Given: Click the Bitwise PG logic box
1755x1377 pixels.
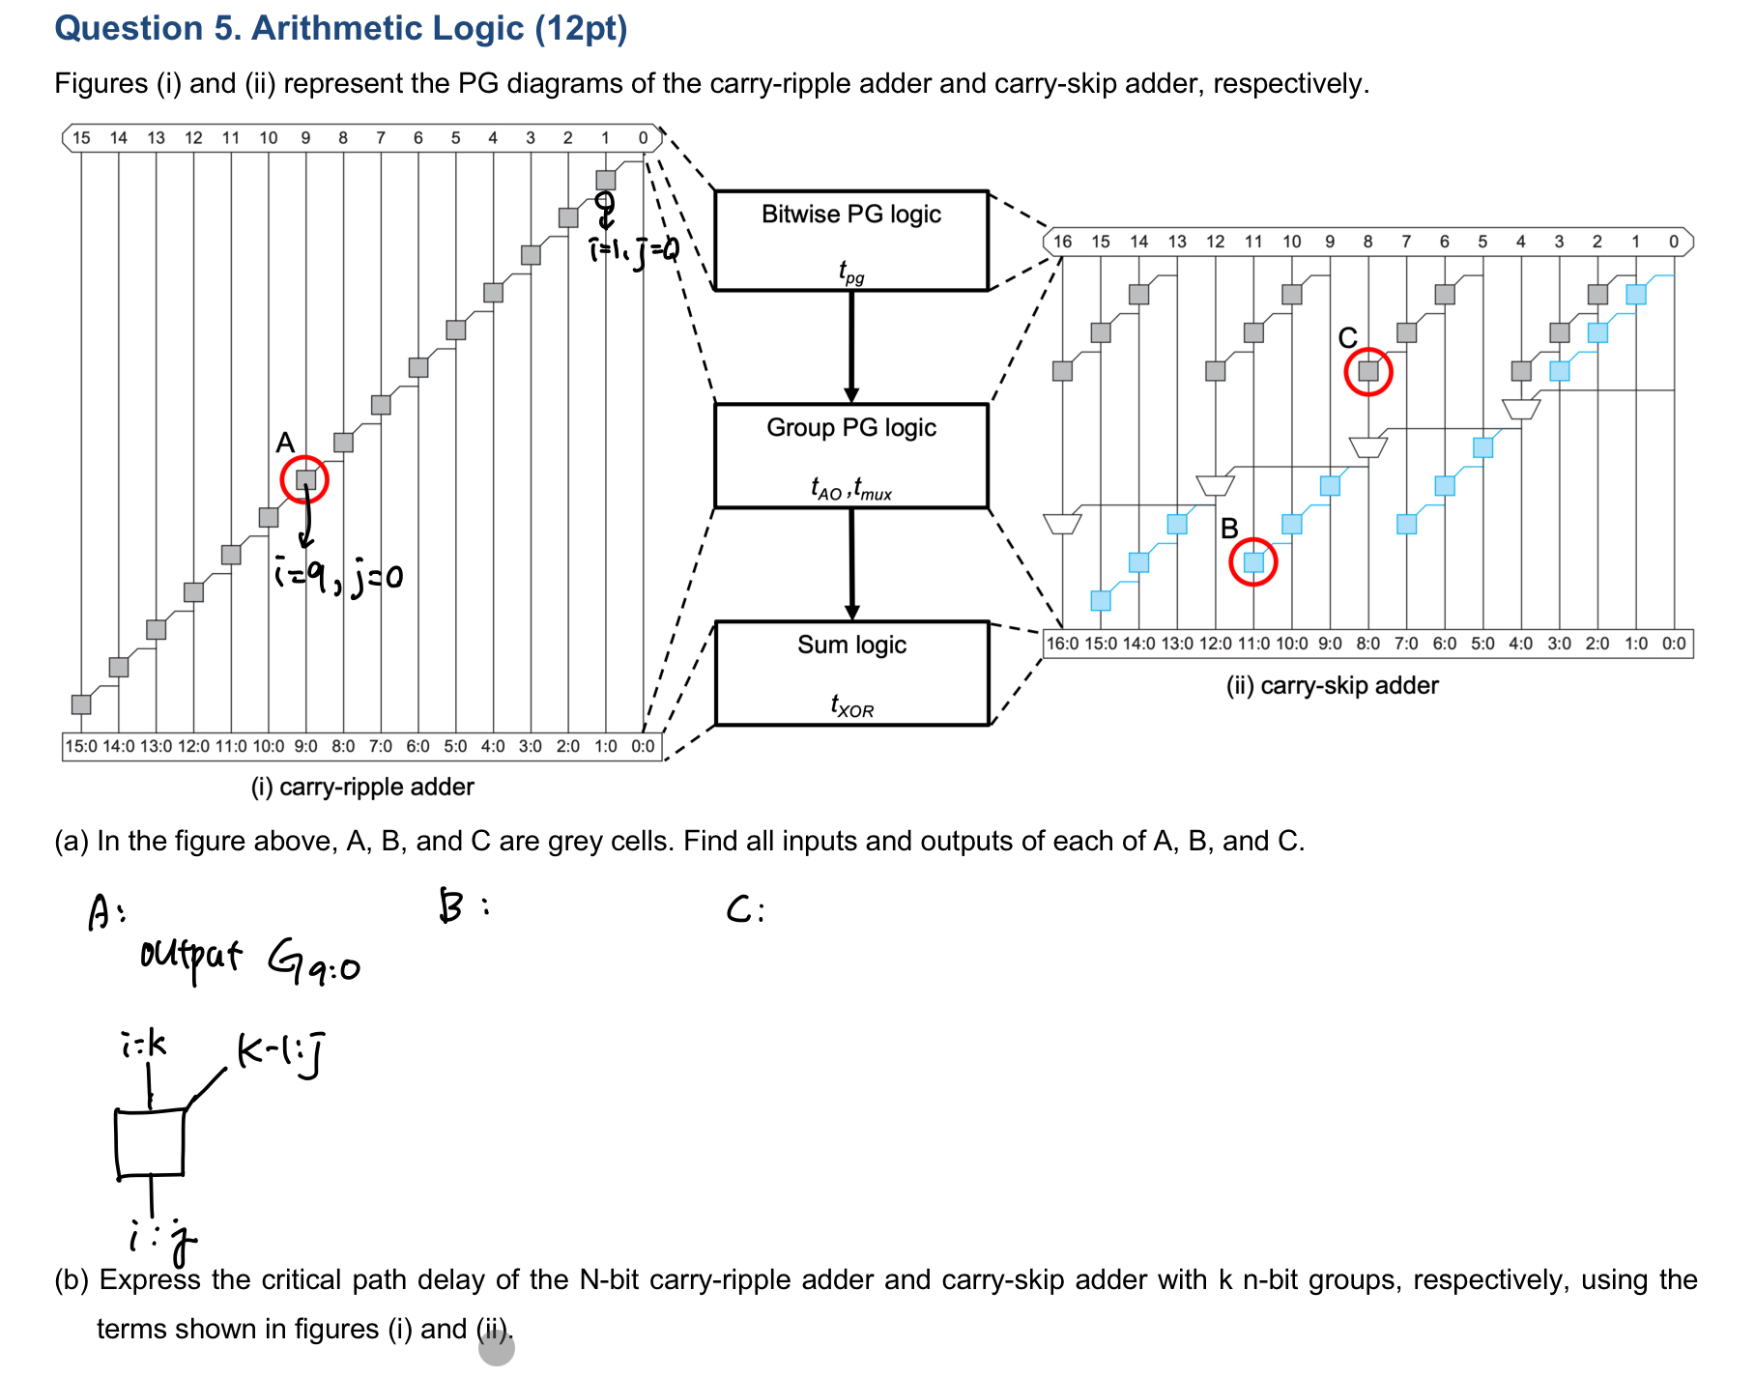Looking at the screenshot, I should point(850,240).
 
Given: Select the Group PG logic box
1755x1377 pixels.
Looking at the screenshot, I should point(850,455).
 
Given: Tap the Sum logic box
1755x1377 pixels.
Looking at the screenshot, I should point(851,673).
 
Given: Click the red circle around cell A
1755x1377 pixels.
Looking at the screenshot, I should point(304,479).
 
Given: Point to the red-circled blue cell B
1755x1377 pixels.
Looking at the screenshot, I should point(1252,562).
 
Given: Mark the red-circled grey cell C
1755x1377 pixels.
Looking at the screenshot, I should point(1367,371).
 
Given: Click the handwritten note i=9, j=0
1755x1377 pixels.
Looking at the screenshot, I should point(338,577).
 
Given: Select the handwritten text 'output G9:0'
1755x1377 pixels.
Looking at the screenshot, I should point(249,961).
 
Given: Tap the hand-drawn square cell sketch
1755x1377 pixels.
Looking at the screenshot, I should point(150,1143).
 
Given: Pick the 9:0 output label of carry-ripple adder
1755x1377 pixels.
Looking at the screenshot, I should point(305,746).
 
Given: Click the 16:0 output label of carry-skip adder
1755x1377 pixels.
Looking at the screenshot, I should point(1062,644).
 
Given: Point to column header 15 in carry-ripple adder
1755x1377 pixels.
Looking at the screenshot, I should point(81,138).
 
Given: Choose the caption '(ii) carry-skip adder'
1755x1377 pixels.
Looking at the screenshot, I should point(1332,685).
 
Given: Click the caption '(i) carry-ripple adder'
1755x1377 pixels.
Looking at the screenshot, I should point(362,787).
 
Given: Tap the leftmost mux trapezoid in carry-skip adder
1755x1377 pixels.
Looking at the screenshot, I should point(1062,523).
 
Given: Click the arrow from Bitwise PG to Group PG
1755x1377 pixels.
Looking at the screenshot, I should point(851,346).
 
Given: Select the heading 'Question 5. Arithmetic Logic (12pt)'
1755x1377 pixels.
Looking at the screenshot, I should point(341,28).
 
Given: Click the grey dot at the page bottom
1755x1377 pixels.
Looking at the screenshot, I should point(496,1348).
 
